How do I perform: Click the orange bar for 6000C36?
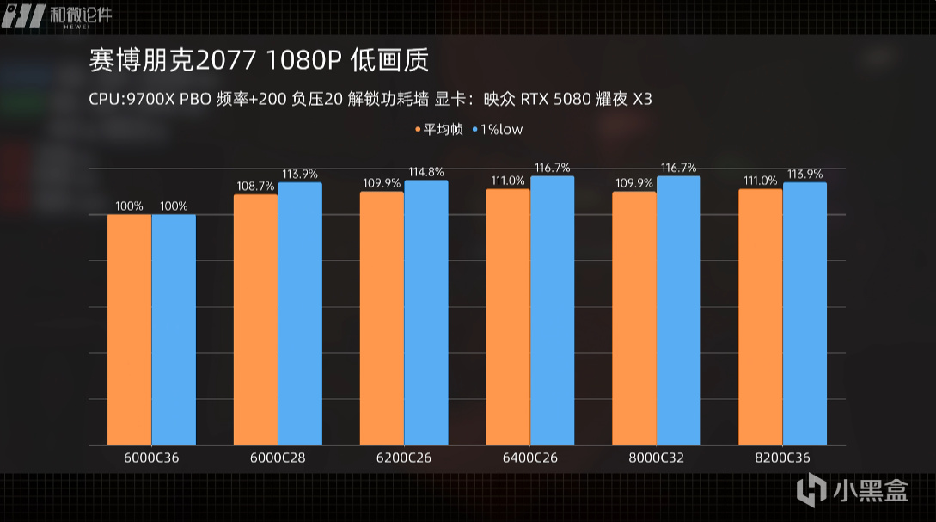[x=129, y=329]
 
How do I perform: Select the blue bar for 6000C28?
[x=300, y=314]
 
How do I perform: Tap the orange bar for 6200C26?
[x=382, y=318]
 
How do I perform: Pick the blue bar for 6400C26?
[x=552, y=310]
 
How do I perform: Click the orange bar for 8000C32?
[x=634, y=318]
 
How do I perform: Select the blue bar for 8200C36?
[x=804, y=314]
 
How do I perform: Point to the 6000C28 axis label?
[x=278, y=458]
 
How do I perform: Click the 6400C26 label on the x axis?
[x=530, y=458]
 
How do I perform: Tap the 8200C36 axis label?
[x=782, y=458]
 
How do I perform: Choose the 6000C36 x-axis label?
[x=151, y=458]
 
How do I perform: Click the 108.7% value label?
[x=255, y=186]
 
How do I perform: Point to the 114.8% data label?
[x=426, y=171]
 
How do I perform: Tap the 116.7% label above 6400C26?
[x=553, y=168]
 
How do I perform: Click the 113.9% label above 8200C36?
[x=805, y=174]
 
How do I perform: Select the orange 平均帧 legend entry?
[x=439, y=130]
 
